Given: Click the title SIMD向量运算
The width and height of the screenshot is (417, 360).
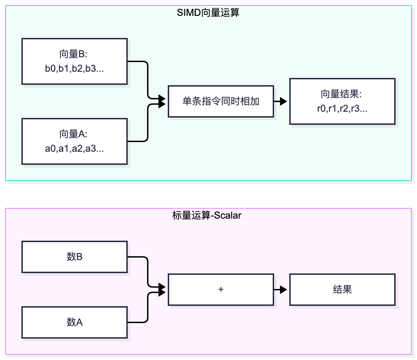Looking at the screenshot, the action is pos(208,13).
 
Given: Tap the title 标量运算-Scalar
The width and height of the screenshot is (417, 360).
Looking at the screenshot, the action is pos(206,215).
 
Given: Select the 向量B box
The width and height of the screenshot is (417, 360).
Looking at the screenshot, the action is pos(75,61).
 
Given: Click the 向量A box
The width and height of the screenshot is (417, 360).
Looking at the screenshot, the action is pos(75,141).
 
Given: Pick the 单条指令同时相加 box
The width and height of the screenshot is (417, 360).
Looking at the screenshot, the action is pos(221,101).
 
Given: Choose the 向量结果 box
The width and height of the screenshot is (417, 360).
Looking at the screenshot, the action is pos(342,101).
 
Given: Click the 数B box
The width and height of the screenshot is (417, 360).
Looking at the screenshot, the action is pos(75,257).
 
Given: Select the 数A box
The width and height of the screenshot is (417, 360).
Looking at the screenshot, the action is pos(75,322).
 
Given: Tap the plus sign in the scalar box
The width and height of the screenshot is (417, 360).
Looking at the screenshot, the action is pos(221,289).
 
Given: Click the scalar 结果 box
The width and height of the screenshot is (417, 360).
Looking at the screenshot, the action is pos(342,289).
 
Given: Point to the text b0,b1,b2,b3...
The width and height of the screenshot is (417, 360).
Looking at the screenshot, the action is pos(74,69).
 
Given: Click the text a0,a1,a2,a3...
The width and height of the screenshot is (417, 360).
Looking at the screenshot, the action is pos(74,149).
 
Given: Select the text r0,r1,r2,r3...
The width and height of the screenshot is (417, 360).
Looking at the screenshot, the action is pos(342,108).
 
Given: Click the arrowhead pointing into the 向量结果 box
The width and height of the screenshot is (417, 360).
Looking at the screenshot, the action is pos(283,101).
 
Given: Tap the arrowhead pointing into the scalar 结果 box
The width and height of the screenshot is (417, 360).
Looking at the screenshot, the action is pos(283,289).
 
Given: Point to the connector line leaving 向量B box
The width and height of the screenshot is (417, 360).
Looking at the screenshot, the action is pos(148,79).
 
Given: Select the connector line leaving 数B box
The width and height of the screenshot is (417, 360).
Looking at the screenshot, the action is pos(148,271).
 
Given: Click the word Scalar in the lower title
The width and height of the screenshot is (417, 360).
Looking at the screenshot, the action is pos(227,215).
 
